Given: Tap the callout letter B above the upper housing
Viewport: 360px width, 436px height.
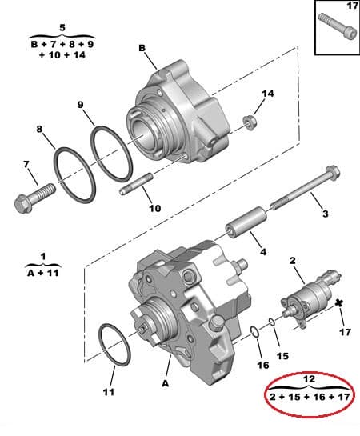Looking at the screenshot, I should point(142,48).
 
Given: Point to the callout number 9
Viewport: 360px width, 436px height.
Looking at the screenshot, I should point(81,104).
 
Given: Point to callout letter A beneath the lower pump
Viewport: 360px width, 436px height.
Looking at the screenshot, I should point(167,384).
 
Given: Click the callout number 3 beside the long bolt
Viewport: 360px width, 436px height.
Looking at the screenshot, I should point(324,214).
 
